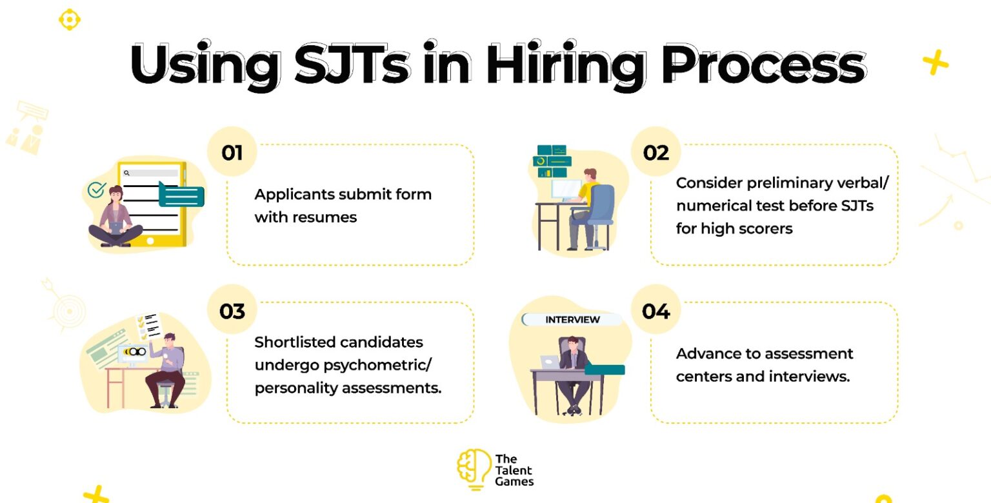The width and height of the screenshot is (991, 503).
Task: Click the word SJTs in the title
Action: click(x=352, y=64)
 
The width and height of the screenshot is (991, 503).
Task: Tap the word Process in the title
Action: click(x=764, y=64)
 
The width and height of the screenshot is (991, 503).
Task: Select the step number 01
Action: click(x=232, y=153)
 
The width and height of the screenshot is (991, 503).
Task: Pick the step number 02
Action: click(x=656, y=153)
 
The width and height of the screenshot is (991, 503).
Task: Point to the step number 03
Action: click(x=232, y=311)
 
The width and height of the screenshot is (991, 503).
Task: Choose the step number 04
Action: click(x=656, y=311)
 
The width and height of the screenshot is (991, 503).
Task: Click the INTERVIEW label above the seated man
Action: click(x=572, y=320)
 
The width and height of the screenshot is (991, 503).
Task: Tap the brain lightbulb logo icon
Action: click(x=474, y=469)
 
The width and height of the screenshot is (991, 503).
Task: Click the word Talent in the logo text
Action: click(x=514, y=470)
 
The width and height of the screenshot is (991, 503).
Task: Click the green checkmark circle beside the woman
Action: click(x=96, y=190)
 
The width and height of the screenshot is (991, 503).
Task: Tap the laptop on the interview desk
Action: click(x=550, y=362)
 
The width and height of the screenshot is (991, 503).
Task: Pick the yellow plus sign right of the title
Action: click(x=936, y=63)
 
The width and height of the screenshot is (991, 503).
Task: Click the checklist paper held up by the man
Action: click(x=149, y=326)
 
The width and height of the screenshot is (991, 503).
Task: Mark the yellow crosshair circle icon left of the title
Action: click(x=70, y=20)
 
